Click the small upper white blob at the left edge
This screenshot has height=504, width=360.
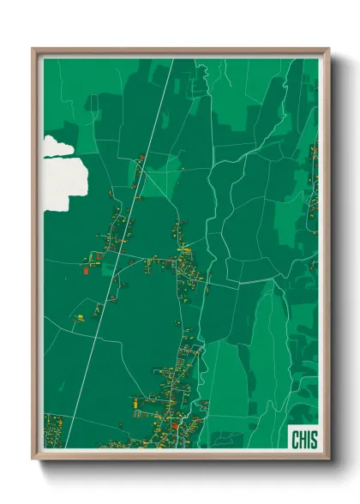tap(58, 146)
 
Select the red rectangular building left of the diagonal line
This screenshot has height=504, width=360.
tap(86, 271)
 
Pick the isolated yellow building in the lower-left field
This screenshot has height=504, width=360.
tap(80, 317)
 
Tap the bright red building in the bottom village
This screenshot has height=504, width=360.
tap(175, 426)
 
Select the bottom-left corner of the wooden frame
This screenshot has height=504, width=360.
tap(33, 458)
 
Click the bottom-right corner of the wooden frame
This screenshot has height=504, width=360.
tap(327, 458)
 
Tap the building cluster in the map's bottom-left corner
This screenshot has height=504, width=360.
tap(53, 429)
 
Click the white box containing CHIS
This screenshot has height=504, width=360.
tap(303, 440)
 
